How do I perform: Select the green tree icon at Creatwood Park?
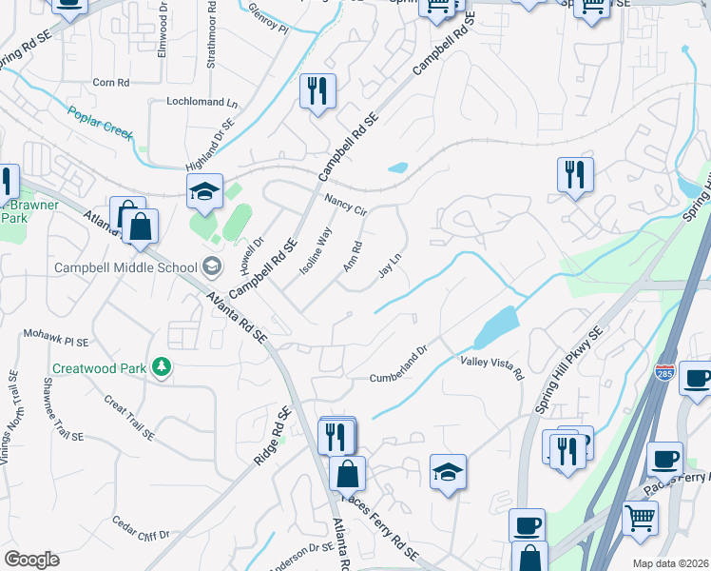click(x=162, y=367)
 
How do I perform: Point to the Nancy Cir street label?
click(x=345, y=205)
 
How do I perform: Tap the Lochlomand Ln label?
click(x=202, y=102)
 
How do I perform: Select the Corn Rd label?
click(x=111, y=83)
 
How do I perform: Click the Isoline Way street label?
click(x=317, y=250)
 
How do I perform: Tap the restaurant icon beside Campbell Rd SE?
click(x=316, y=91)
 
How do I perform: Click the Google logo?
click(x=31, y=560)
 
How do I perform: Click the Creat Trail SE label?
click(x=128, y=419)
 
